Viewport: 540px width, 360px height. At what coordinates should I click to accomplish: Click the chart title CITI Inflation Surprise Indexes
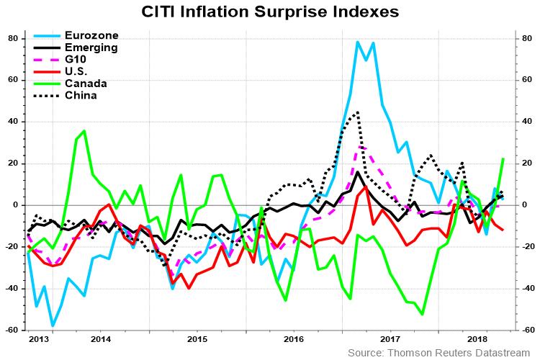(x=270, y=13)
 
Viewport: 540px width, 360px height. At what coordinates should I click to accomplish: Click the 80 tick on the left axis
(x=13, y=38)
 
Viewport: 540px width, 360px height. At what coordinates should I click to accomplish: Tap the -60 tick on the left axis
(x=12, y=330)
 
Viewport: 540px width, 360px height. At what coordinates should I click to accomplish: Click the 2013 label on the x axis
(x=39, y=338)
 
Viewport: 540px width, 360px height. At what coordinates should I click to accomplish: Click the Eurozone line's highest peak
(x=358, y=42)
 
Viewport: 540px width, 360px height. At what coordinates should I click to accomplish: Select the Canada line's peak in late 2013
(x=84, y=131)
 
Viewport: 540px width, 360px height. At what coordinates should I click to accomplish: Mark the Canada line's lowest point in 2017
(x=422, y=315)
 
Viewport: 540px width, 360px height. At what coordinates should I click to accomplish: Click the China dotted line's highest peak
(x=358, y=112)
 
